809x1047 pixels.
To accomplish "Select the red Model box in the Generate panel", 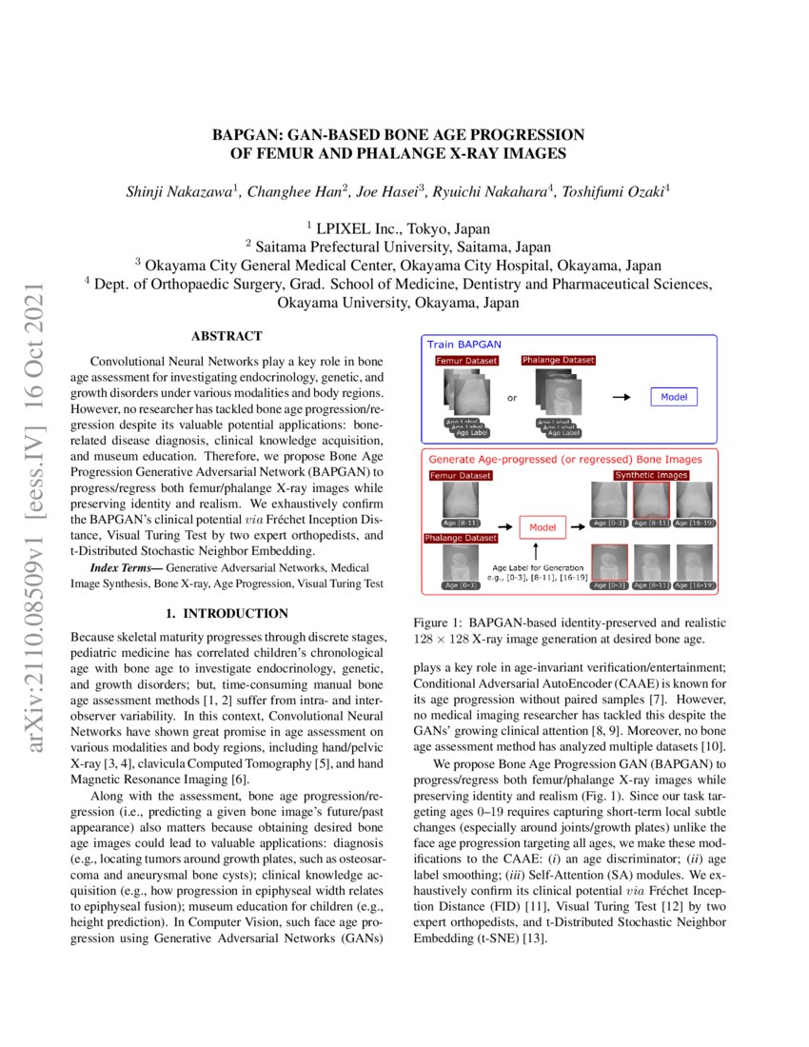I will click(542, 525).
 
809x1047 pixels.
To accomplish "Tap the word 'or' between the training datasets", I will click(511, 398).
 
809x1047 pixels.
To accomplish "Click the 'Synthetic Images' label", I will click(651, 474).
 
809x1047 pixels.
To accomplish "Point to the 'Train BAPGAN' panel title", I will click(464, 344).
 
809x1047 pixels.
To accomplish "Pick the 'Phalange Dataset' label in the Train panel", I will click(558, 361).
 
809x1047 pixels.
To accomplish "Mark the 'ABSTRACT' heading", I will click(227, 337).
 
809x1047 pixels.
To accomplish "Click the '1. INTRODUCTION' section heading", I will click(227, 614).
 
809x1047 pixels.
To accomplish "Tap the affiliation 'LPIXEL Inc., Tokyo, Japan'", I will click(404, 228).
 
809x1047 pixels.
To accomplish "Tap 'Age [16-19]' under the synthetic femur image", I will click(693, 523).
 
